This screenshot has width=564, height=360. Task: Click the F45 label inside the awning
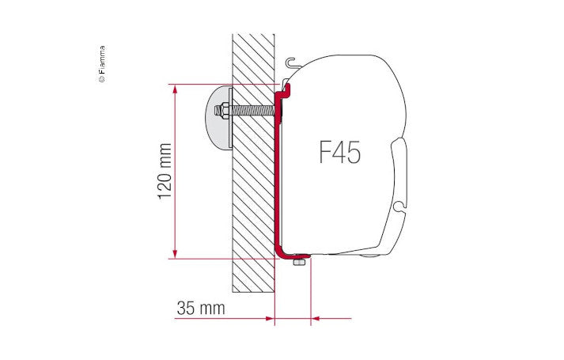click(339, 151)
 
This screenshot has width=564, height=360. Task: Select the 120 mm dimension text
click(165, 171)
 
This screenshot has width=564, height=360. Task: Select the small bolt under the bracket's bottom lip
click(298, 261)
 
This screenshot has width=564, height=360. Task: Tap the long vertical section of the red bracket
click(278, 174)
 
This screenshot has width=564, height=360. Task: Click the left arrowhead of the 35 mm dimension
click(267, 319)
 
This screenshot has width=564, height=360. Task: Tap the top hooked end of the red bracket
click(286, 88)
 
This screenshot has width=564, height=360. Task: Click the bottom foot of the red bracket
click(290, 252)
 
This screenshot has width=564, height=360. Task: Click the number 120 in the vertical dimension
click(165, 183)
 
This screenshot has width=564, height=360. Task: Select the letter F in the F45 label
click(325, 151)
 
